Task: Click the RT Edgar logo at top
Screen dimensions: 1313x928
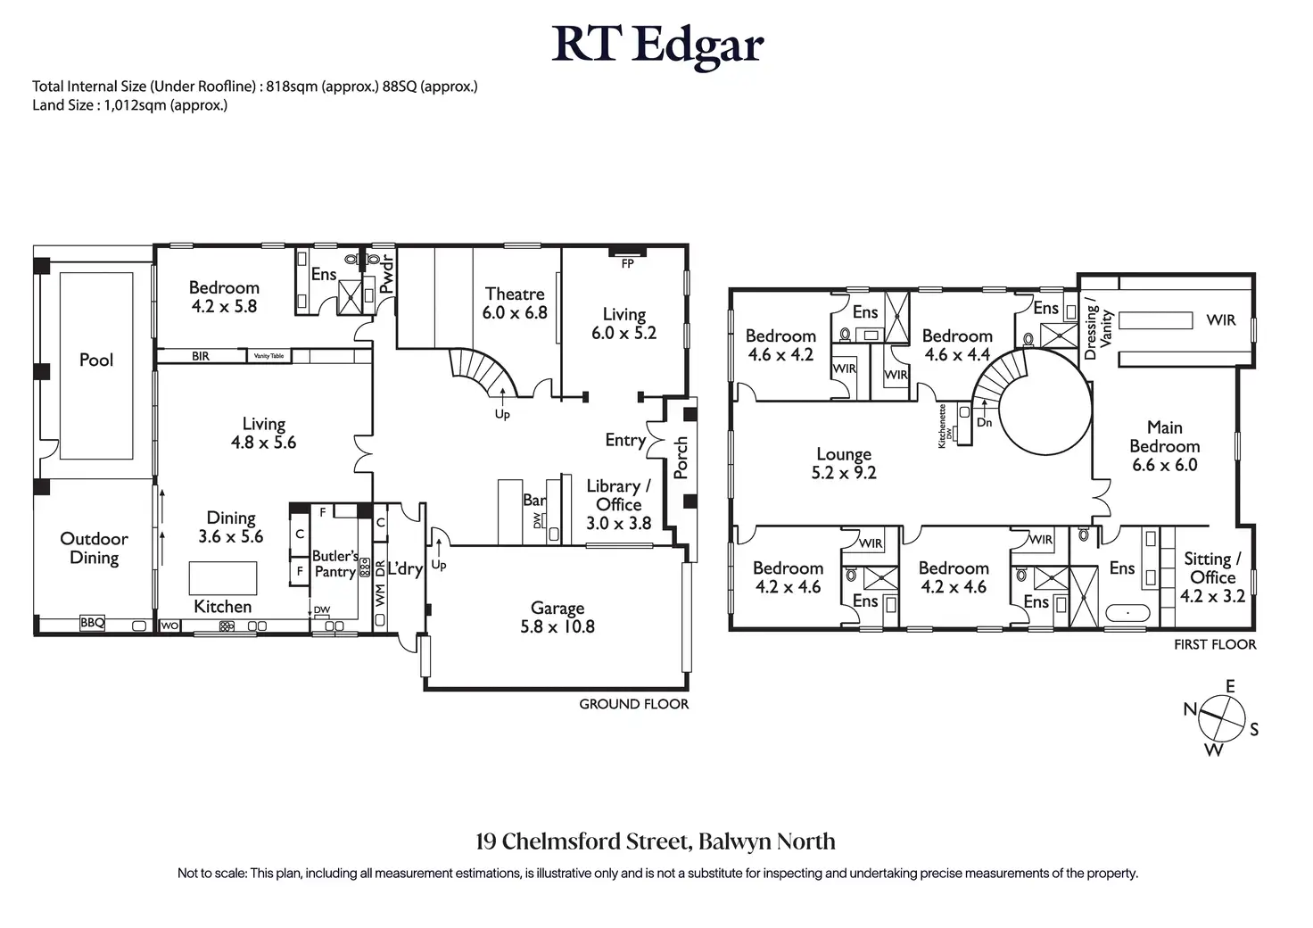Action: click(657, 46)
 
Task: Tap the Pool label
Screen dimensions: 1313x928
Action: click(96, 360)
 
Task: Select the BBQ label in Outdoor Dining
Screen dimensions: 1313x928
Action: click(92, 622)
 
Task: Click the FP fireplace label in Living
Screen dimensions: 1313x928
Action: click(627, 264)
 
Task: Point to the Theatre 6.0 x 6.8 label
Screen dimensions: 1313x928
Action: click(515, 303)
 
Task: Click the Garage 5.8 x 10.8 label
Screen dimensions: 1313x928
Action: click(557, 617)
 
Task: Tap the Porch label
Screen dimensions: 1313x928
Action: click(681, 457)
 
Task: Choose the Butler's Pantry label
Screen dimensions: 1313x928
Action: click(334, 563)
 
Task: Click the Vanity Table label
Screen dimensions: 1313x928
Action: click(268, 356)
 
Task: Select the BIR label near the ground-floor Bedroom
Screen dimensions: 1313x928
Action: click(201, 356)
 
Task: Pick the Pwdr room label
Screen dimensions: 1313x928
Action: click(387, 274)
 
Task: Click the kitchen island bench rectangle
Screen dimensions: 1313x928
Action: click(223, 578)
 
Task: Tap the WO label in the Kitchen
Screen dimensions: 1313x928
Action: click(169, 626)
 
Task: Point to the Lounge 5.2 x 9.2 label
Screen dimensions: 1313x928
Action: click(844, 463)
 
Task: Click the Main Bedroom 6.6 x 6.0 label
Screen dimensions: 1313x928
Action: click(1165, 446)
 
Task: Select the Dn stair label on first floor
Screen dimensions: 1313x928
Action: click(984, 422)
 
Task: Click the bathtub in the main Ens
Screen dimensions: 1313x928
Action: click(1127, 613)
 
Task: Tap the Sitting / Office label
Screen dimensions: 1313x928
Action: click(1212, 568)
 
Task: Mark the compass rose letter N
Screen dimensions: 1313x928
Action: click(1190, 709)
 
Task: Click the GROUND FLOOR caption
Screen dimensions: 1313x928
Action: click(633, 704)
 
